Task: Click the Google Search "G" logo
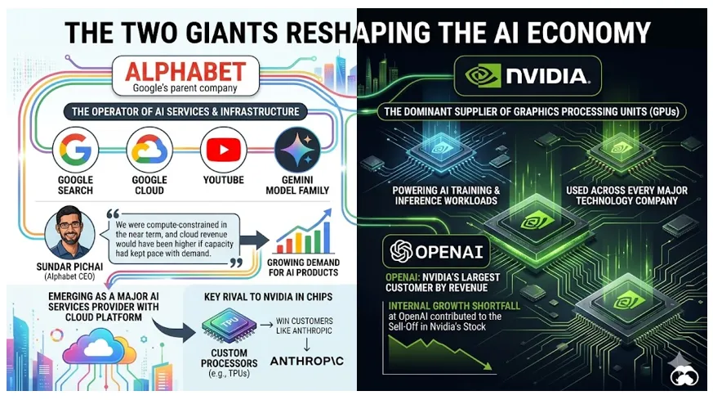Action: [75, 150]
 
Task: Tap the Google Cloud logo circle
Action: [149, 150]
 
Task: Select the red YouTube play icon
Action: [223, 150]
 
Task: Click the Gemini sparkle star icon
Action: [297, 150]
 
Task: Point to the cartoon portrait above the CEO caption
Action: [70, 232]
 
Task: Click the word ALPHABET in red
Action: [185, 71]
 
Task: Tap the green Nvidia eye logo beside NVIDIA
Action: [483, 75]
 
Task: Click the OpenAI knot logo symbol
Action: [401, 251]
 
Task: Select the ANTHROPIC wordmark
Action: [307, 362]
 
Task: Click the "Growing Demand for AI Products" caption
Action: [303, 267]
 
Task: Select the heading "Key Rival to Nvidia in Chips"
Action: [268, 297]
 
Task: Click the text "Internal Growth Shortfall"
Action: [454, 306]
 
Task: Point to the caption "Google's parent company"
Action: [185, 88]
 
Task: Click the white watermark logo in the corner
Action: [684, 370]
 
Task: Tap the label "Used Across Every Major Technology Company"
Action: [626, 196]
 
